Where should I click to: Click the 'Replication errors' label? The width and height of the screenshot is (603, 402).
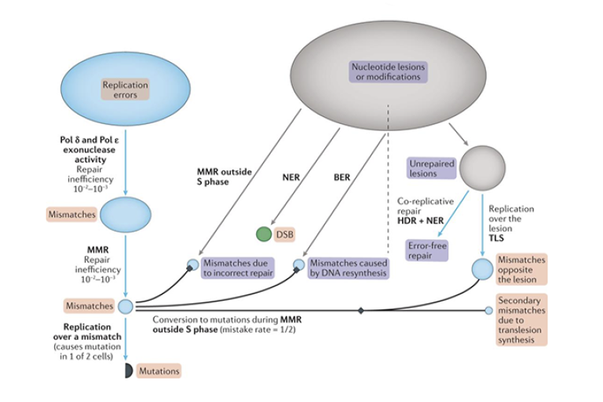[x=125, y=90]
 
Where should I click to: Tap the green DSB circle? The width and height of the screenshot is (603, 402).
[x=263, y=234]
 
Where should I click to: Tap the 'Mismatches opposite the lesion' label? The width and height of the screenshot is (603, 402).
[x=521, y=269]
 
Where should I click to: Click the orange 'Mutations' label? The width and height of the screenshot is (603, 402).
[x=159, y=370]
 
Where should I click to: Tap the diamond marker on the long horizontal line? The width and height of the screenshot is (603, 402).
[x=361, y=311]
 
